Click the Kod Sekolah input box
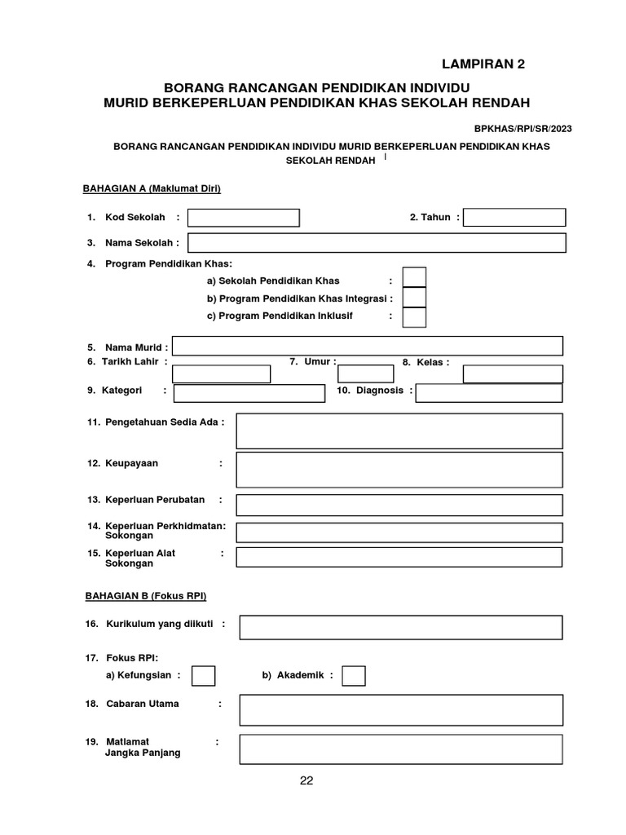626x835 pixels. pyautogui.click(x=244, y=218)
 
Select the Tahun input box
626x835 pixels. pyautogui.click(x=514, y=218)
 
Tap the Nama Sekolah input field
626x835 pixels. pyautogui.click(x=377, y=243)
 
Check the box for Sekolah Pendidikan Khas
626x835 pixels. pyautogui.click(x=414, y=278)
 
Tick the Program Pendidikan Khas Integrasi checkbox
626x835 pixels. pyautogui.click(x=414, y=298)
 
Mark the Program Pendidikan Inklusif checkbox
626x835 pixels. pyautogui.click(x=414, y=316)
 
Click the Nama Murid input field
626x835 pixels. pyautogui.click(x=367, y=347)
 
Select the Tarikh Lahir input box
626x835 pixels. pyautogui.click(x=221, y=374)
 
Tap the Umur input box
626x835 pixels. pyautogui.click(x=365, y=374)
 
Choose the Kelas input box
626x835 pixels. pyautogui.click(x=513, y=374)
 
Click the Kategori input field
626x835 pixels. pyautogui.click(x=249, y=393)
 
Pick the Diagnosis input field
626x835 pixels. pyautogui.click(x=489, y=393)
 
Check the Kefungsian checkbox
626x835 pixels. pyautogui.click(x=203, y=676)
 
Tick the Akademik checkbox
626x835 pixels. pyautogui.click(x=354, y=676)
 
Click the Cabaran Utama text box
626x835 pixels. pyautogui.click(x=400, y=709)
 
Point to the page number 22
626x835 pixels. pyautogui.click(x=306, y=780)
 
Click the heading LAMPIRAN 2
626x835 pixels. pyautogui.click(x=483, y=65)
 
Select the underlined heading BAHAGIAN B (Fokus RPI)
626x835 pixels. pyautogui.click(x=146, y=596)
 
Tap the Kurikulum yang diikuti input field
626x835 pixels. pyautogui.click(x=400, y=628)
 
